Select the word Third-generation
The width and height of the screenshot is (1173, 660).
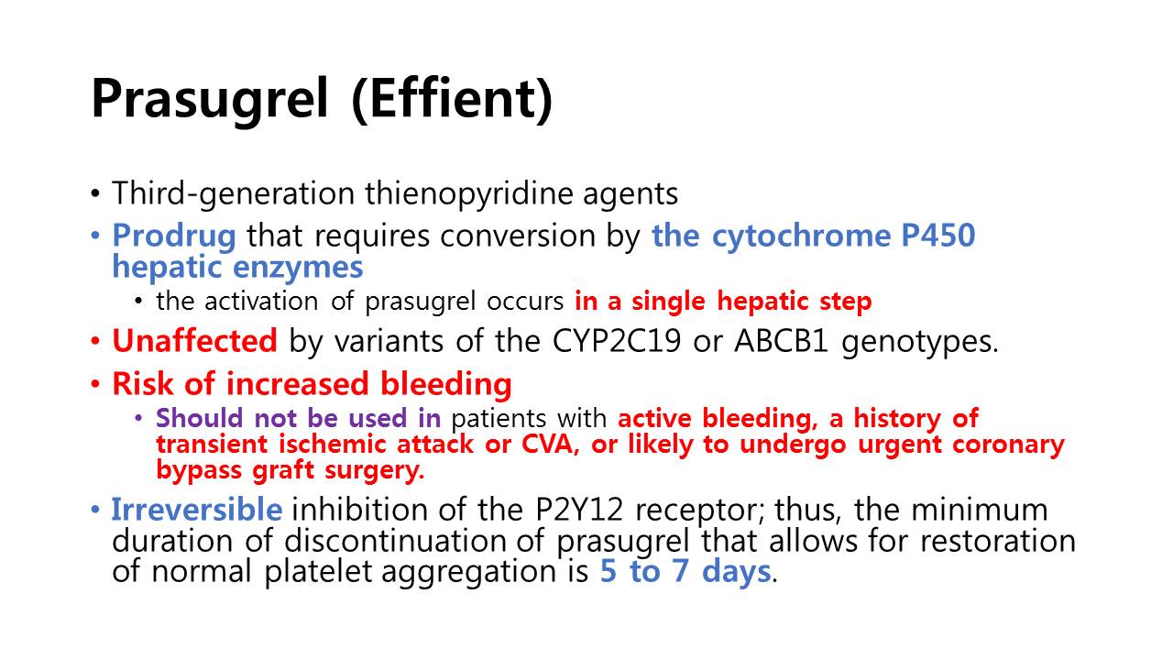[x=233, y=193]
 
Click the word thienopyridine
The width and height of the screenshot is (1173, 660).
[x=468, y=193]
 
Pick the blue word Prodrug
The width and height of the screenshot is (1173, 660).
[x=174, y=236]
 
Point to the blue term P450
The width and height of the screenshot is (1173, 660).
[x=937, y=235]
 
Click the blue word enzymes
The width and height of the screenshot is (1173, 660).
[x=298, y=267]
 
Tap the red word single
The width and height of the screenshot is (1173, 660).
[x=668, y=302]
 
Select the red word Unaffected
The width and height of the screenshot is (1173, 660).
[x=194, y=340]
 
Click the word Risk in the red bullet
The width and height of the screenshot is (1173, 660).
[x=142, y=383]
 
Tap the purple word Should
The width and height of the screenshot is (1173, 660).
[x=199, y=418]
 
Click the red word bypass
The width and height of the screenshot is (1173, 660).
[x=199, y=470]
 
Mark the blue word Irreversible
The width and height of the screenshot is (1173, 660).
[x=197, y=509]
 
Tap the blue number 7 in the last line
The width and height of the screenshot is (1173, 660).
[x=680, y=571]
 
